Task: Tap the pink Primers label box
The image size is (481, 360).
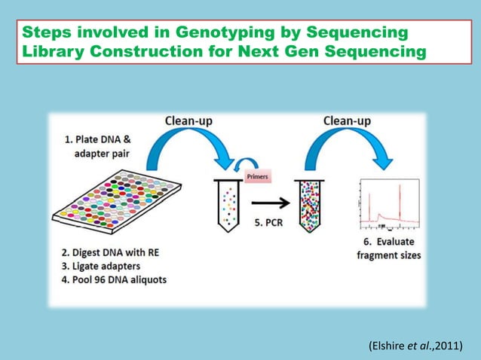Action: click(257, 176)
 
